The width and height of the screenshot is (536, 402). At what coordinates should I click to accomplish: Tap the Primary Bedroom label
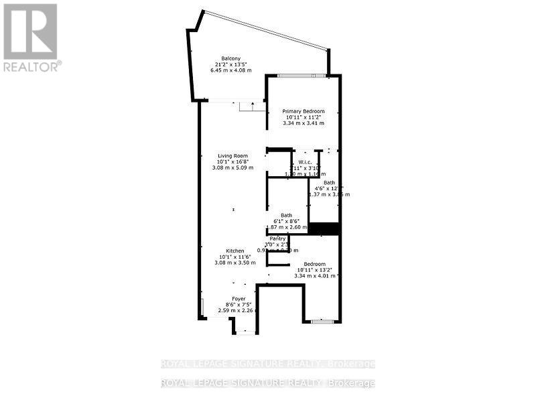pyautogui.click(x=303, y=111)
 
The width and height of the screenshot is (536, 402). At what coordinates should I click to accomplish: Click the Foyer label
pyautogui.click(x=239, y=298)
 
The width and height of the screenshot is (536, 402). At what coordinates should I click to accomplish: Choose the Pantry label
pyautogui.click(x=277, y=239)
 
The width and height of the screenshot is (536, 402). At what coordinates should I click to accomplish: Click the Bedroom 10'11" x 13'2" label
pyautogui.click(x=314, y=264)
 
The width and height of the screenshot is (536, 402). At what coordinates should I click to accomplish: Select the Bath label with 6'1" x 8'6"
pyautogui.click(x=286, y=215)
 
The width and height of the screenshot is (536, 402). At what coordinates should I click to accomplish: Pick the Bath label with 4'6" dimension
pyautogui.click(x=329, y=182)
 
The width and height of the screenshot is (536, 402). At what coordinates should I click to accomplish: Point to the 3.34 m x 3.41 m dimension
pyautogui.click(x=304, y=123)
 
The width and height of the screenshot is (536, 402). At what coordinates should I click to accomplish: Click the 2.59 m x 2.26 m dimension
pyautogui.click(x=239, y=310)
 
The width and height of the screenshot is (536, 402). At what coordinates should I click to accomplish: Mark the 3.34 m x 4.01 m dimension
pyautogui.click(x=317, y=276)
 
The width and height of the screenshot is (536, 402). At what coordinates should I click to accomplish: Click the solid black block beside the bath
pyautogui.click(x=324, y=228)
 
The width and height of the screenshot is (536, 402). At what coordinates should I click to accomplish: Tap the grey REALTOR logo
pyautogui.click(x=31, y=37)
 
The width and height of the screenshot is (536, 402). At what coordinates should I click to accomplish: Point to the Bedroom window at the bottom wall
pyautogui.click(x=322, y=322)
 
